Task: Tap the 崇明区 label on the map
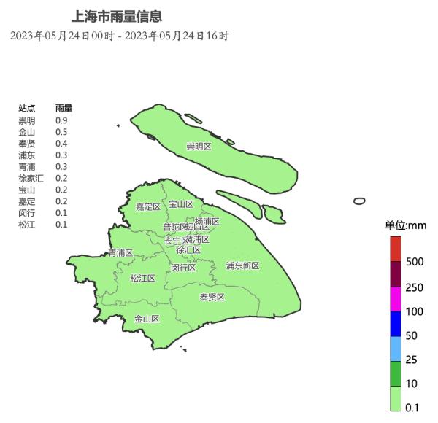point(198,147)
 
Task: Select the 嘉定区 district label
point(147,206)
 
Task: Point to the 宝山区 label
point(180,204)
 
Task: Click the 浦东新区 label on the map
point(242,265)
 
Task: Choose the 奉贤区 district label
point(212,297)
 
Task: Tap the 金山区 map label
point(147,319)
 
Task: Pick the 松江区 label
point(142,278)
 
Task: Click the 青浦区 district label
point(120,253)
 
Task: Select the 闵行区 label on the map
point(183,268)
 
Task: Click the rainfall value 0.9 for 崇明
point(61,120)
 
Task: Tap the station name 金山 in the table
point(26,131)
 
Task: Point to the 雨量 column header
point(64,108)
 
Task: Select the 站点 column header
point(26,108)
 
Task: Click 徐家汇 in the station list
point(31,178)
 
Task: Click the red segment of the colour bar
point(396,249)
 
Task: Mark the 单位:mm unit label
point(406,225)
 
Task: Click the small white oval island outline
point(358,201)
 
